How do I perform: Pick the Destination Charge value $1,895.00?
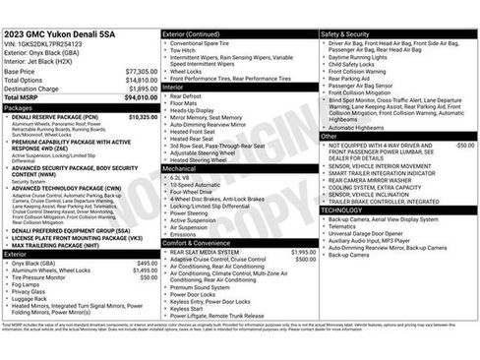(143, 89)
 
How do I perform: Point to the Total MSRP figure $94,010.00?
(141, 97)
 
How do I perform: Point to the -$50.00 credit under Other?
(463, 145)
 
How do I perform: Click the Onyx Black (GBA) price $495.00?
(147, 264)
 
